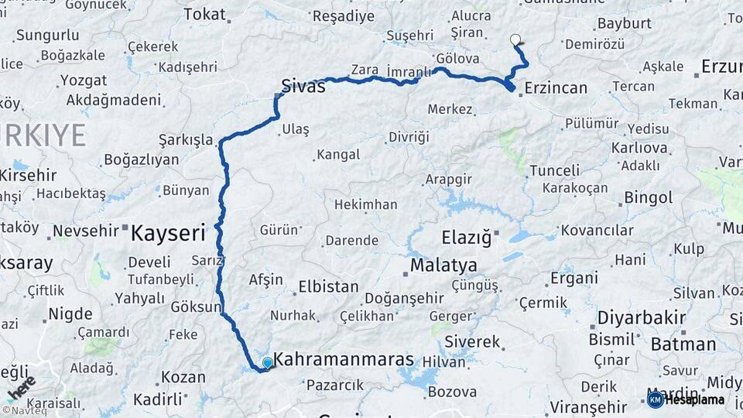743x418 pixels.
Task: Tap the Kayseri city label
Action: point(168,232)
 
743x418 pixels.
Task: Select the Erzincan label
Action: point(556,88)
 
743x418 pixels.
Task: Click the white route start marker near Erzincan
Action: point(515,39)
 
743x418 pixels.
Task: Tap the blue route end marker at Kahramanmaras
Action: point(268,362)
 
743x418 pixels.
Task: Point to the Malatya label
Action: point(443,266)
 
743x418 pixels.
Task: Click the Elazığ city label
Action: point(467,238)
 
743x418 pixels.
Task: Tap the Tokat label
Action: point(205,14)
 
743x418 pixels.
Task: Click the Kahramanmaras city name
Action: point(344,361)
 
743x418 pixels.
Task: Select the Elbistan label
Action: point(328,287)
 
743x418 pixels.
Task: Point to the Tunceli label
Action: point(554,170)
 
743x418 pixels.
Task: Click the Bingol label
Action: point(649,198)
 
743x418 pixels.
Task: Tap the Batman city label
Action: point(683,344)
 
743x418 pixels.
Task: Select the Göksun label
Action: point(196,307)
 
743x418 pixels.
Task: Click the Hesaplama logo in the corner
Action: point(687,399)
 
